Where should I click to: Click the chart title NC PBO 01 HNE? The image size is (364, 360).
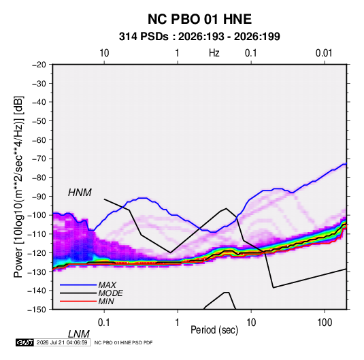[x=199, y=19]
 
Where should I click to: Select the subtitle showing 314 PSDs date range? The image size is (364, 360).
[x=199, y=37]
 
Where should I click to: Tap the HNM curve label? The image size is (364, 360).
[x=80, y=193]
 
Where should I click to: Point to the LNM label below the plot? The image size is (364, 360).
[x=78, y=334]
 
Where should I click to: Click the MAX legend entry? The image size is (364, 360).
[x=107, y=285]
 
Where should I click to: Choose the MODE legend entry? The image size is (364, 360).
[x=110, y=293]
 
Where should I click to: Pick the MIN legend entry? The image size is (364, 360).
[x=106, y=301]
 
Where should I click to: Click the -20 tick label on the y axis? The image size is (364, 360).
[x=39, y=65]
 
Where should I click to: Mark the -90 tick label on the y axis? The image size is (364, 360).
[x=39, y=197]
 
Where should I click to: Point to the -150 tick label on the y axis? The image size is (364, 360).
[x=37, y=310]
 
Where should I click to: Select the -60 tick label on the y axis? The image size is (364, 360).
[x=39, y=140]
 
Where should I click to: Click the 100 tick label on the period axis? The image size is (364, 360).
[x=325, y=323]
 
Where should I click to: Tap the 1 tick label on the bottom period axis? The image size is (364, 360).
[x=177, y=323]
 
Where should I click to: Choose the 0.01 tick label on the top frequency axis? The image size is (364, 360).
[x=324, y=53]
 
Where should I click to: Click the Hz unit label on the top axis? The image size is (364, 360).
[x=214, y=53]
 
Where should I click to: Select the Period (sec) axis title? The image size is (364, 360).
[x=214, y=330]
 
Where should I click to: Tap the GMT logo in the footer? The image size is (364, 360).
[x=25, y=342]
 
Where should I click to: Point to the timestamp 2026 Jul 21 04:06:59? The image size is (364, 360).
[x=62, y=342]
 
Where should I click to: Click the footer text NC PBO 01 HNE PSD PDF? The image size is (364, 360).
[x=124, y=342]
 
